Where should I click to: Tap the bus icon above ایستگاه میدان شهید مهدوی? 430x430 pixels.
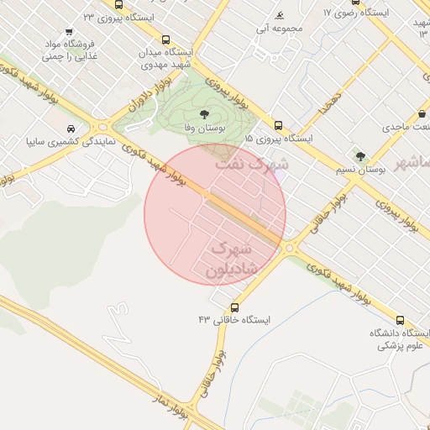click(x=165, y=39)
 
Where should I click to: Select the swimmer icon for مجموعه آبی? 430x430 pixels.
click(x=279, y=15)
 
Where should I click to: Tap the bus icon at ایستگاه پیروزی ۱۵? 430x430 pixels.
click(x=278, y=125)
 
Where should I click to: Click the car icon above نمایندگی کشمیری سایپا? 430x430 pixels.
click(x=70, y=129)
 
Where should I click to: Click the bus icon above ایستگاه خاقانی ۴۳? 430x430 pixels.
click(x=234, y=307)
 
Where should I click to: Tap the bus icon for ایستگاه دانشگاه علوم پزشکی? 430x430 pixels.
click(x=399, y=320)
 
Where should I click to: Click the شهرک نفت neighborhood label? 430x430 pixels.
click(x=252, y=164)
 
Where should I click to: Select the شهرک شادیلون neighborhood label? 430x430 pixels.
click(x=231, y=258)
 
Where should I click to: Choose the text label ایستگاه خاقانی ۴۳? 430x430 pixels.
click(x=234, y=320)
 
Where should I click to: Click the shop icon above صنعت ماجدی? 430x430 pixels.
click(x=423, y=113)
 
